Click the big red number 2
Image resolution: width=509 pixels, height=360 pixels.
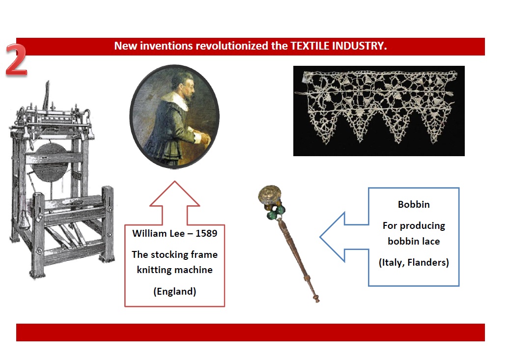16,60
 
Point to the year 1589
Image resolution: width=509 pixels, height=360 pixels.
206,233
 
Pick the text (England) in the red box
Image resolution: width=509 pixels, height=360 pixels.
174,292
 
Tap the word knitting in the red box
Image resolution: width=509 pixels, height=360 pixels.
154,270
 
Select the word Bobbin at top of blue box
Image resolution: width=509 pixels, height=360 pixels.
414,204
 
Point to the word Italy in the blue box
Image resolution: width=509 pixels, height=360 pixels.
392,262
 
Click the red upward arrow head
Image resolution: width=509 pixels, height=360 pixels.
174,194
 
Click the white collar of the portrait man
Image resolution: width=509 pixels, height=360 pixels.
176,99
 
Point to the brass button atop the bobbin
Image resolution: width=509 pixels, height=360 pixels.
269,194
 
